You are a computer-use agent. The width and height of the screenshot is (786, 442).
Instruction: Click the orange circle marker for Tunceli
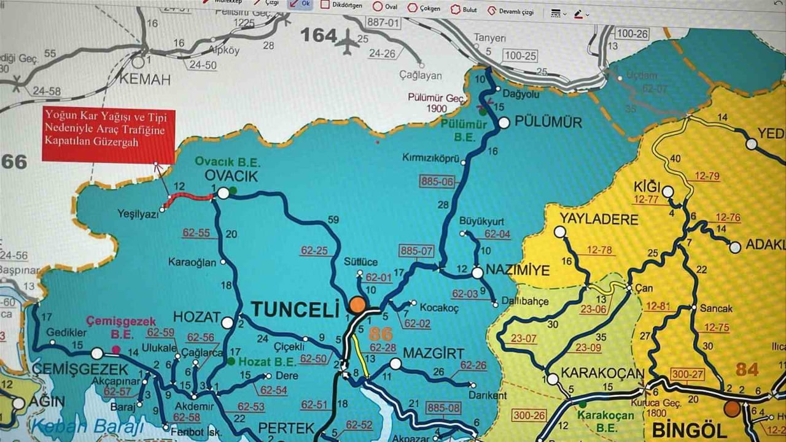(357, 305)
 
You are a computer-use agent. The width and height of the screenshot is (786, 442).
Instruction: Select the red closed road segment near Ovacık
(190, 197)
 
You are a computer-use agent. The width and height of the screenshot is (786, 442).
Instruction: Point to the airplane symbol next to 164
(349, 42)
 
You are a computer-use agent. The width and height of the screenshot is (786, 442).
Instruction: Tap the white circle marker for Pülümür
(504, 123)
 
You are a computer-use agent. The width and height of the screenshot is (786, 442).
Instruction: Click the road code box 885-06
(437, 181)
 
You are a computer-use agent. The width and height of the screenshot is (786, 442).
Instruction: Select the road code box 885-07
(416, 250)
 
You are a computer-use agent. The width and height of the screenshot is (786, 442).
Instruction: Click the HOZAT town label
(196, 317)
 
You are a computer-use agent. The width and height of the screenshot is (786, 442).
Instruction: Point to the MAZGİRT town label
(434, 353)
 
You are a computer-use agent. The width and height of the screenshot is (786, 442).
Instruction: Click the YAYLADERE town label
(599, 219)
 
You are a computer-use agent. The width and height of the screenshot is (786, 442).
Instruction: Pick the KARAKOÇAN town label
(602, 374)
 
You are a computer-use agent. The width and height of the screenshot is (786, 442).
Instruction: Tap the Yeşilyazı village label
(137, 214)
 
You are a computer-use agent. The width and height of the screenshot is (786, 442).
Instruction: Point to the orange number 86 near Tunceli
(380, 335)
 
